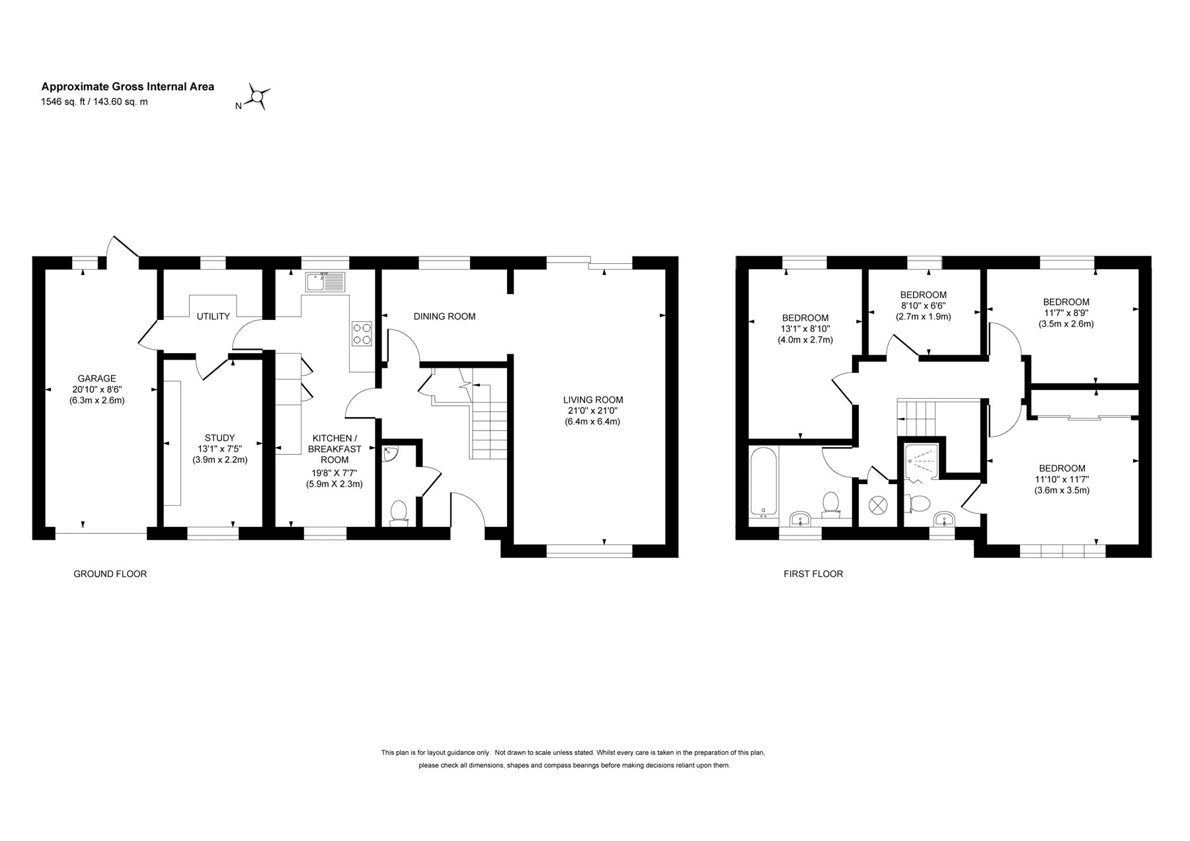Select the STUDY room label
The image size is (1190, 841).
[x=219, y=438]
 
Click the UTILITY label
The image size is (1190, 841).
[x=213, y=317]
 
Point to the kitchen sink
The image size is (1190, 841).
[x=325, y=282]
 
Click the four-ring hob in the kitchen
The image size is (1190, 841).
[x=362, y=333]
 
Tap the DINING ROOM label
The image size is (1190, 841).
[x=444, y=317]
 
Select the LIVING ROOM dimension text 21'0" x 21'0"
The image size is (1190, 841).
[x=593, y=411]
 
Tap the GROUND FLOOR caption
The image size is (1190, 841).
[x=110, y=574]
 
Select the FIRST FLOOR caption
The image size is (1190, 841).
[x=813, y=574]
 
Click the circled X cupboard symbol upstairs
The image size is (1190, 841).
[x=877, y=505]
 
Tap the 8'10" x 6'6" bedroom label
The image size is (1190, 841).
[x=924, y=305]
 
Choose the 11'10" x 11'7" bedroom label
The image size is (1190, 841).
[x=1062, y=479]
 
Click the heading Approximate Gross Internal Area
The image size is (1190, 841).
[x=128, y=87]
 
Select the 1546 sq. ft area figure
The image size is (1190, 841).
[x=65, y=102]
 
